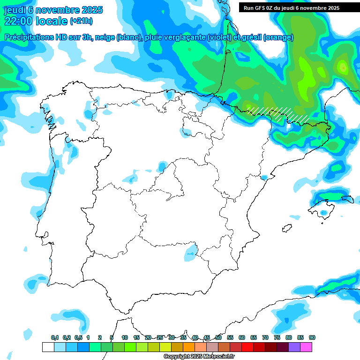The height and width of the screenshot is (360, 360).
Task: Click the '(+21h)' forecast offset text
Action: [x=81, y=21]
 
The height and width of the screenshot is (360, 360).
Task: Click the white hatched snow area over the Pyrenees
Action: [x=277, y=112]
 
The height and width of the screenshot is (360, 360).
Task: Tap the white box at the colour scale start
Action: [x=48, y=347]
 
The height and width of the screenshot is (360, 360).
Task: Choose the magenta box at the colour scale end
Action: [x=306, y=347]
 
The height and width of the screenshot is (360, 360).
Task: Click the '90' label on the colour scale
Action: [x=312, y=337]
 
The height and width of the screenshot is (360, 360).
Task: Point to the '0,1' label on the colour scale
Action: [x=55, y=337]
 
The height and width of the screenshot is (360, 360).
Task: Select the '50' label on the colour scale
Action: [x=218, y=337]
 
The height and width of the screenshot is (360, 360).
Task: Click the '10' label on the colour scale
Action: [x=125, y=337]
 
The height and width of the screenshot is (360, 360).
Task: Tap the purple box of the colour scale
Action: [x=294, y=347]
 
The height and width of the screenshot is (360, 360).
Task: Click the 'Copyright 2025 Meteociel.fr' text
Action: [x=199, y=357]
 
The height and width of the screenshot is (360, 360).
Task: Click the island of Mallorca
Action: [x=324, y=208]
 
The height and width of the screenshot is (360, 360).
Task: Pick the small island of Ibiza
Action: [x=286, y=229]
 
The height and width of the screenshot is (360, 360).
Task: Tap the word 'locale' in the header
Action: [x=51, y=21]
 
